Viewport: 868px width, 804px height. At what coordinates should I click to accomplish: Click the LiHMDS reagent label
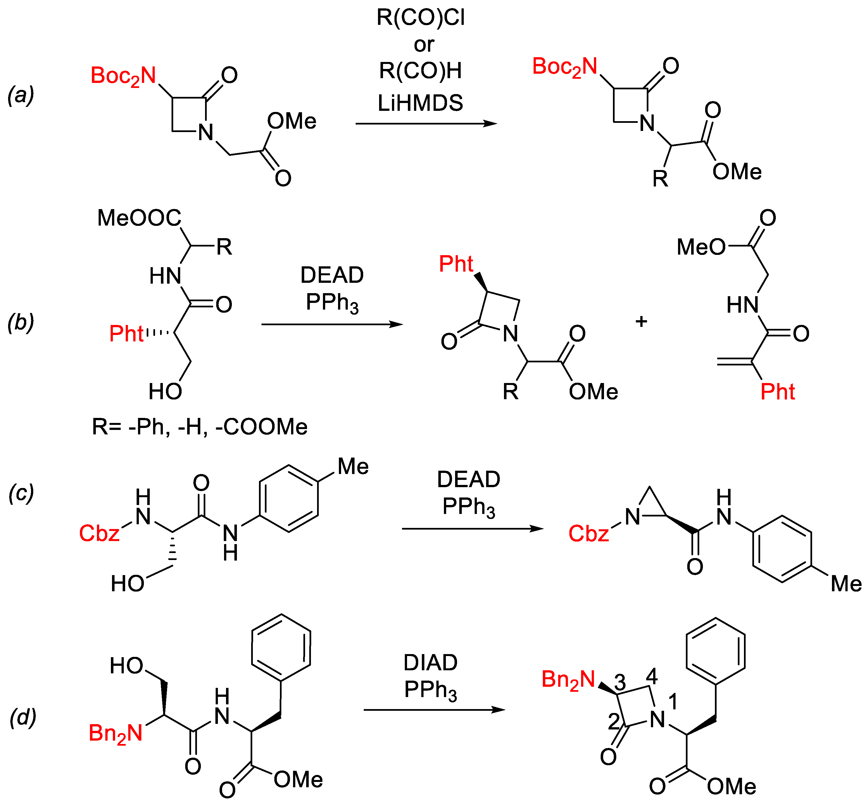[420, 103]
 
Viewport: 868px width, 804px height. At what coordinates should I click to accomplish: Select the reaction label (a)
[21, 95]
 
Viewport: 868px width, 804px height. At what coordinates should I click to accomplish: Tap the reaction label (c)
[21, 493]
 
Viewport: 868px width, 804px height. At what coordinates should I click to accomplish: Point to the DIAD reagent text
[430, 663]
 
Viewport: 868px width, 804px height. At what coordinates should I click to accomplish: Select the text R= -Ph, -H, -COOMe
[200, 427]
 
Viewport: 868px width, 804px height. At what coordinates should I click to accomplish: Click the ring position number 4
[652, 676]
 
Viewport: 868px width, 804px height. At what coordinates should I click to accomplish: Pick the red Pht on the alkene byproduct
[777, 392]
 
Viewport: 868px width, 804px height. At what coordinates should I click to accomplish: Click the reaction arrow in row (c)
[472, 529]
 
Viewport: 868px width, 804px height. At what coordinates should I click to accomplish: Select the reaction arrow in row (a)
[426, 124]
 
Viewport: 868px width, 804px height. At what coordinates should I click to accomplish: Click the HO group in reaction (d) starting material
[127, 666]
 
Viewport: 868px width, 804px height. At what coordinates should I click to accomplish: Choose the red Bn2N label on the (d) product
[568, 679]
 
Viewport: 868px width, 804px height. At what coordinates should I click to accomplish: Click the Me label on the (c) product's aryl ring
[846, 584]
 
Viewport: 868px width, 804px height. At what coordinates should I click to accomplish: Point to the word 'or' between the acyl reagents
[424, 44]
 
